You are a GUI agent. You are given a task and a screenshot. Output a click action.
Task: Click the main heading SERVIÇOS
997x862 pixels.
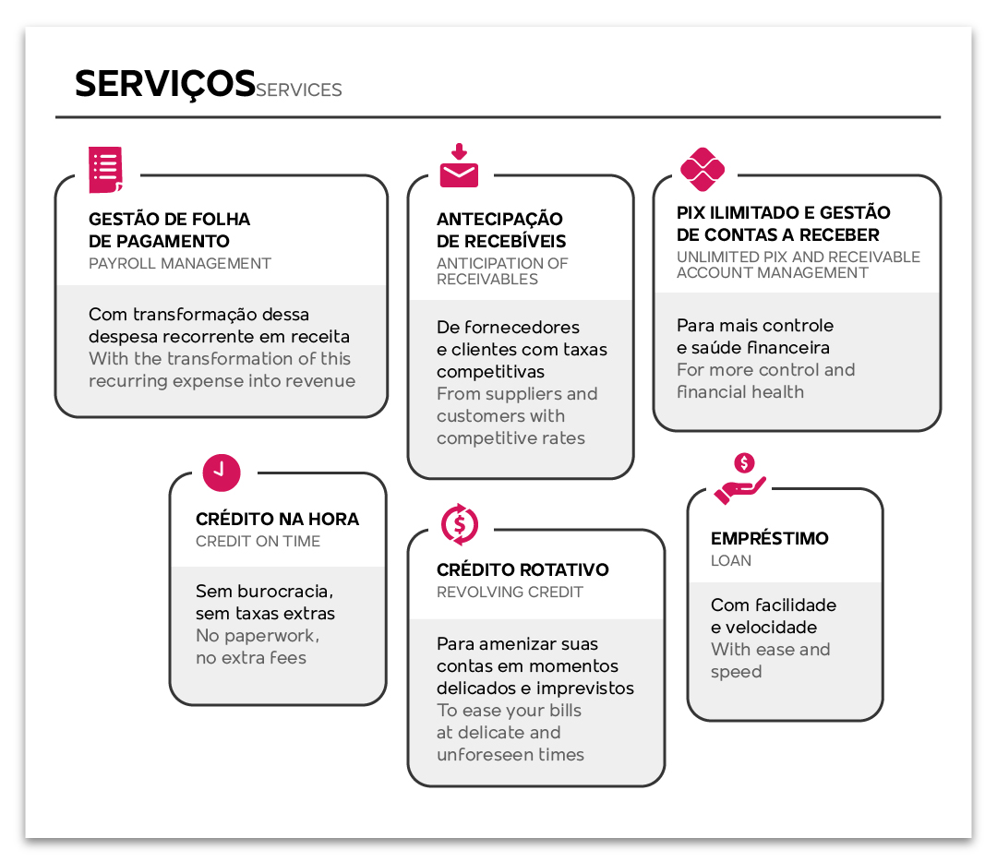tap(165, 85)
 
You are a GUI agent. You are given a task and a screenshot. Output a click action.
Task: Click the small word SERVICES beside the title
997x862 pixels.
tap(299, 90)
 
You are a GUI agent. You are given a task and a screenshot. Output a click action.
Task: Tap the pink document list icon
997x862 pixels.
tap(105, 170)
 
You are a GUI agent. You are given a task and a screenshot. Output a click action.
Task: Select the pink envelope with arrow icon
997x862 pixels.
tap(459, 166)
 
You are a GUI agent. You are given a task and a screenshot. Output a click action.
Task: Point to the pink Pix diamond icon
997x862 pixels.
tap(703, 169)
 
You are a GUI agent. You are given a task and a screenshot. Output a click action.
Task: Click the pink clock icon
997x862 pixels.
tap(222, 473)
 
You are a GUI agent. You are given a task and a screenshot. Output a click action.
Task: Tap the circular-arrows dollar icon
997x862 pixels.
tap(460, 524)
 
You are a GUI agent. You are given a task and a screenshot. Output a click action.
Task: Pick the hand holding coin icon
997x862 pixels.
tap(740, 479)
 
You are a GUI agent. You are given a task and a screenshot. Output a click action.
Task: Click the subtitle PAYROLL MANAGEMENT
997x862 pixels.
tap(180, 263)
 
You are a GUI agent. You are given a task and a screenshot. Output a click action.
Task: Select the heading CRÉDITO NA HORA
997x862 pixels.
tap(277, 519)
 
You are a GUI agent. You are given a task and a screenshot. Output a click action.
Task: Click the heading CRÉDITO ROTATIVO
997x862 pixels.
tap(523, 569)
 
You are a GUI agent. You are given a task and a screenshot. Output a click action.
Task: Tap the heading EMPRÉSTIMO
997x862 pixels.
tap(769, 538)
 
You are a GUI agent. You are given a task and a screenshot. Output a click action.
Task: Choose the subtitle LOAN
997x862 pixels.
tap(731, 561)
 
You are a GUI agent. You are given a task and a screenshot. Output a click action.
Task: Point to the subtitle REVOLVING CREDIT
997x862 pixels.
tap(510, 592)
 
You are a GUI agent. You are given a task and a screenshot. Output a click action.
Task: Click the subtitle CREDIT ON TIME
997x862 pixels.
tap(258, 541)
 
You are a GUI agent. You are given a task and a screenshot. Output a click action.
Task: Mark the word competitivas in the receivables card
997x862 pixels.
tap(491, 372)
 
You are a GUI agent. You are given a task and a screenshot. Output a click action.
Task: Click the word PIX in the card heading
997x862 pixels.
tap(691, 212)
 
